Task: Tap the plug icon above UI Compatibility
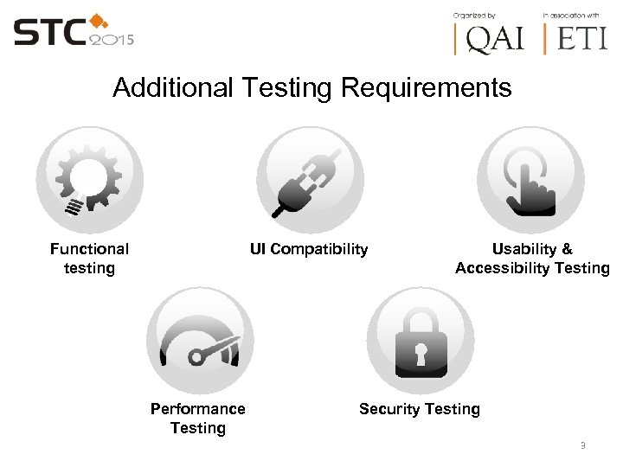[x=309, y=180]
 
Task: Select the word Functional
[x=89, y=249]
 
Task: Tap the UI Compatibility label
[x=309, y=250]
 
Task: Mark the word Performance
[x=198, y=409]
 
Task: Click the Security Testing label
[x=420, y=409]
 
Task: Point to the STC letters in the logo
[x=50, y=33]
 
